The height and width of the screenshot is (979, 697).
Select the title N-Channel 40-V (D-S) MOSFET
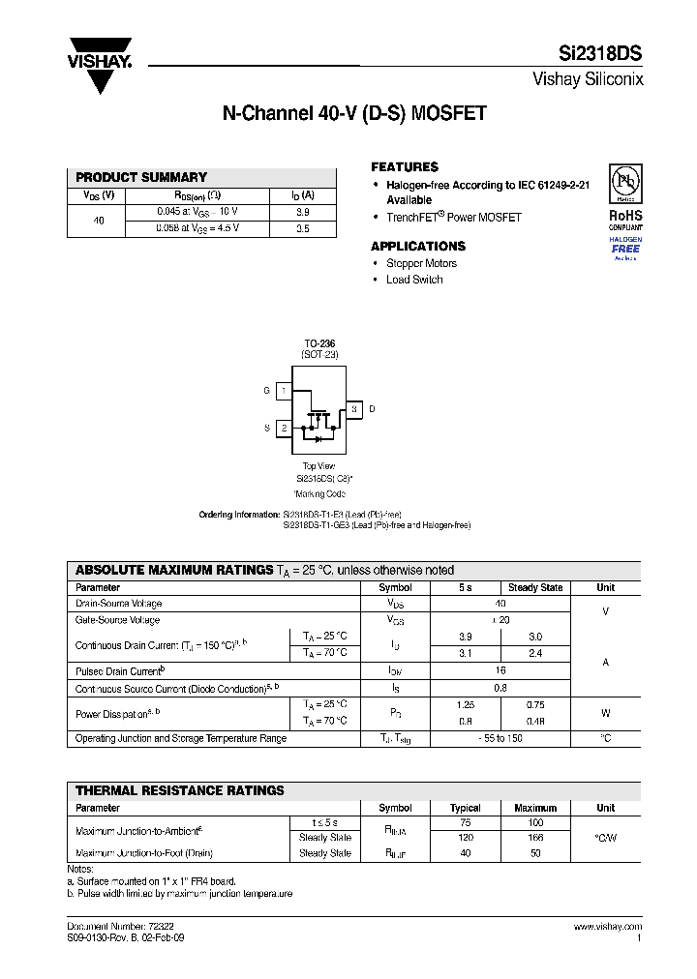coord(354,114)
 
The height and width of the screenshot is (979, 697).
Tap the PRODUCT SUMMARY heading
coord(141,177)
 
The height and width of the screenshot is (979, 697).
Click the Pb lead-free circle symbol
coord(625,184)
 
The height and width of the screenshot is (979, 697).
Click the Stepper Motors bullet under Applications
coord(421,263)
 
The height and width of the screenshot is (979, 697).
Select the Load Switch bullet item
coord(414,280)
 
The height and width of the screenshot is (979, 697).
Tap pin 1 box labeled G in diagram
coord(284,391)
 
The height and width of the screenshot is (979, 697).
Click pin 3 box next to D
coord(354,409)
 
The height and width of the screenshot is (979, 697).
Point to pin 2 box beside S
coord(284,427)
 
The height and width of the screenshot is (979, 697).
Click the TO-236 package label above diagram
coord(319,343)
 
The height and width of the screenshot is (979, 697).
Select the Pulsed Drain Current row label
coord(120,670)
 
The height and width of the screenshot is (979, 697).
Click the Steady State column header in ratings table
coord(535,587)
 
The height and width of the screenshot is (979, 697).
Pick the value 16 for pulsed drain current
coord(500,670)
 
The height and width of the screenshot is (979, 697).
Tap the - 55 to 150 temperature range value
coord(500,738)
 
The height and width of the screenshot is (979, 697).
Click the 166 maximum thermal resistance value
coord(535,838)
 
